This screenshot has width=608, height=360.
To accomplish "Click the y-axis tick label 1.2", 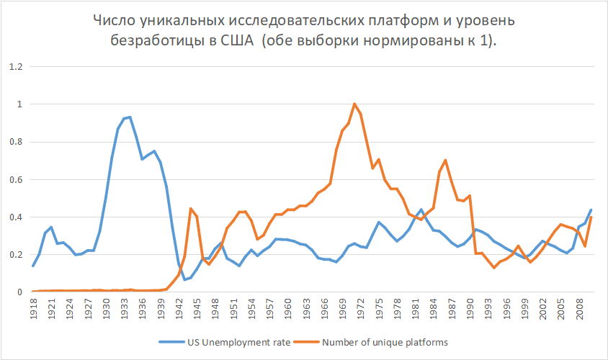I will click(x=15, y=67).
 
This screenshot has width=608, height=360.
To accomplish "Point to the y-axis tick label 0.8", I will click(x=15, y=142).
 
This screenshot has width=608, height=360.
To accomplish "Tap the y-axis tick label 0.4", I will click(x=15, y=217).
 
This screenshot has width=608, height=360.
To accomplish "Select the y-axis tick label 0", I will click(x=19, y=292).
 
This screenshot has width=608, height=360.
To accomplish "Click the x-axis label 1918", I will click(x=33, y=308).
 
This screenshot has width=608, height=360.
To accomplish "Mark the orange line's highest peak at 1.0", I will click(x=354, y=104).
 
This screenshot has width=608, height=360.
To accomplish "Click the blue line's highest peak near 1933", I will click(x=130, y=117).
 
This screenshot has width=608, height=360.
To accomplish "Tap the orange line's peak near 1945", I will click(x=190, y=208).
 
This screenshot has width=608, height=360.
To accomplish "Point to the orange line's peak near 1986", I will click(x=445, y=160).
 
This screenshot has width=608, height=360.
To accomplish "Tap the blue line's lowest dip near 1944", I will click(x=185, y=279).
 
